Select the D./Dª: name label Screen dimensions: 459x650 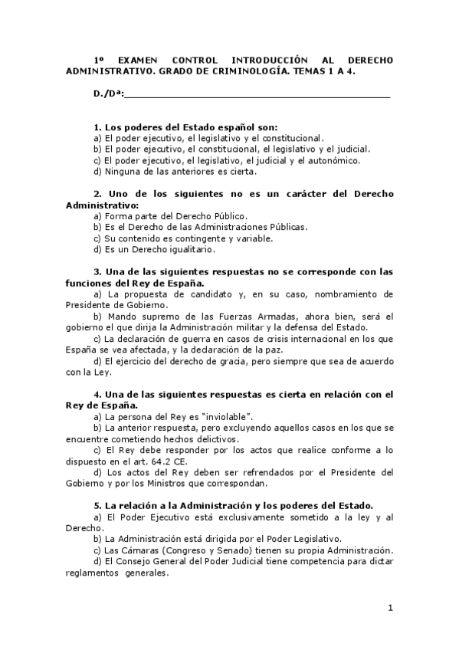(107, 95)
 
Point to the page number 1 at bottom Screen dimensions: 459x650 (390, 609)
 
